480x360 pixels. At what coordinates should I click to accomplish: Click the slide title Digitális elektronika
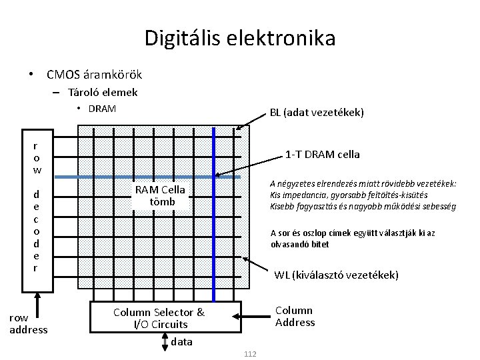pyautogui.click(x=240, y=37)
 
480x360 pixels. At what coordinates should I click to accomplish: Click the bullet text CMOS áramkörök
pyautogui.click(x=94, y=74)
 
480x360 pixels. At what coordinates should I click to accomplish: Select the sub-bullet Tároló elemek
pyautogui.click(x=101, y=93)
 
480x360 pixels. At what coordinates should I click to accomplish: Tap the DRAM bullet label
pyautogui.click(x=101, y=108)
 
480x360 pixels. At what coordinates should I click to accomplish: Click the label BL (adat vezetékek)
pyautogui.click(x=317, y=113)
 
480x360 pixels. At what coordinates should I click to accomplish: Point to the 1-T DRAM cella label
pyautogui.click(x=322, y=154)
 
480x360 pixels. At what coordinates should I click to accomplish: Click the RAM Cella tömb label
pyautogui.click(x=159, y=196)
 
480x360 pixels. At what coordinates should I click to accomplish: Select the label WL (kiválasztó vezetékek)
pyautogui.click(x=337, y=275)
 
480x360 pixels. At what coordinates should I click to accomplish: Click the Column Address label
pyautogui.click(x=295, y=317)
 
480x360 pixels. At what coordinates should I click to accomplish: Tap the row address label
pyautogui.click(x=29, y=324)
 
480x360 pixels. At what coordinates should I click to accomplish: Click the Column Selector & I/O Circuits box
pyautogui.click(x=159, y=318)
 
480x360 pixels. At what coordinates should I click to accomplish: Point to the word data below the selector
pyautogui.click(x=181, y=342)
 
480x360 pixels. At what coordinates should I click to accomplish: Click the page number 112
pyautogui.click(x=250, y=353)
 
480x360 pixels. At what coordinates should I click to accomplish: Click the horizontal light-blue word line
pyautogui.click(x=133, y=177)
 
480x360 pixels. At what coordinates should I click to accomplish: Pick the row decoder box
pyautogui.click(x=36, y=213)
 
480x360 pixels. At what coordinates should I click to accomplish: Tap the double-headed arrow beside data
pyautogui.click(x=164, y=341)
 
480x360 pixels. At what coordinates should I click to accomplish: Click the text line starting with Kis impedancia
pyautogui.click(x=362, y=195)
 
